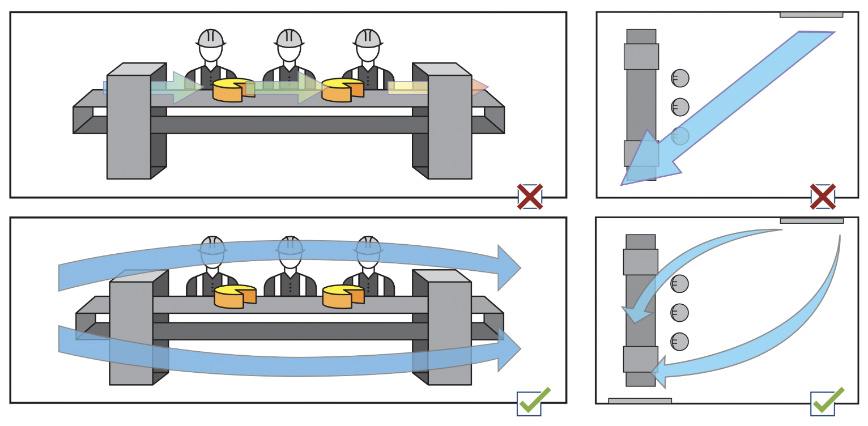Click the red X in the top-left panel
(530, 197)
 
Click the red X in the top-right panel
(823, 197)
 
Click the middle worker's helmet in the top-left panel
(289, 39)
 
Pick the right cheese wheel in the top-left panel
(342, 90)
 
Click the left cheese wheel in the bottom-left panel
(235, 296)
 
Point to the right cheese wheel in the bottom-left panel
(343, 296)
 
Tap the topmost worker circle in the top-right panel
(680, 78)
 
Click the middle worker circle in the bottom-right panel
(679, 313)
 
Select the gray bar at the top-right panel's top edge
(811, 15)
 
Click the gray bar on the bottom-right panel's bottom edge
(640, 401)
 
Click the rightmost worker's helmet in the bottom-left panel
(368, 245)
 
